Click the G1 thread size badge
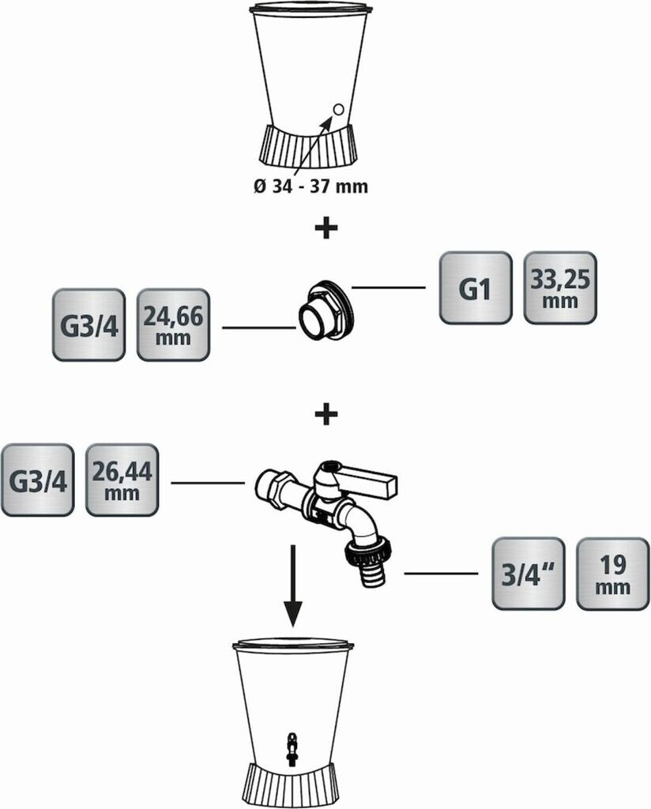[x=476, y=288]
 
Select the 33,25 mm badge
[x=560, y=288]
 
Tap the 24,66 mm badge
[x=173, y=325]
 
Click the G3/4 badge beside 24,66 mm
[x=88, y=325]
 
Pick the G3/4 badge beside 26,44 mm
[x=37, y=480]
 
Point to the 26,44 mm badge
[x=122, y=480]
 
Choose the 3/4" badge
[x=528, y=574]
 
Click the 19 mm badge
[x=612, y=574]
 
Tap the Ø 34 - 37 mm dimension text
[x=310, y=186]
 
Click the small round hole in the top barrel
[x=339, y=109]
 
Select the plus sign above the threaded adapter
[x=326, y=228]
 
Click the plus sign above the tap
[x=326, y=414]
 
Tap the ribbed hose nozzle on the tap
[x=372, y=575]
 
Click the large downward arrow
[x=292, y=585]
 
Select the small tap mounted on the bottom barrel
[x=292, y=747]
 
